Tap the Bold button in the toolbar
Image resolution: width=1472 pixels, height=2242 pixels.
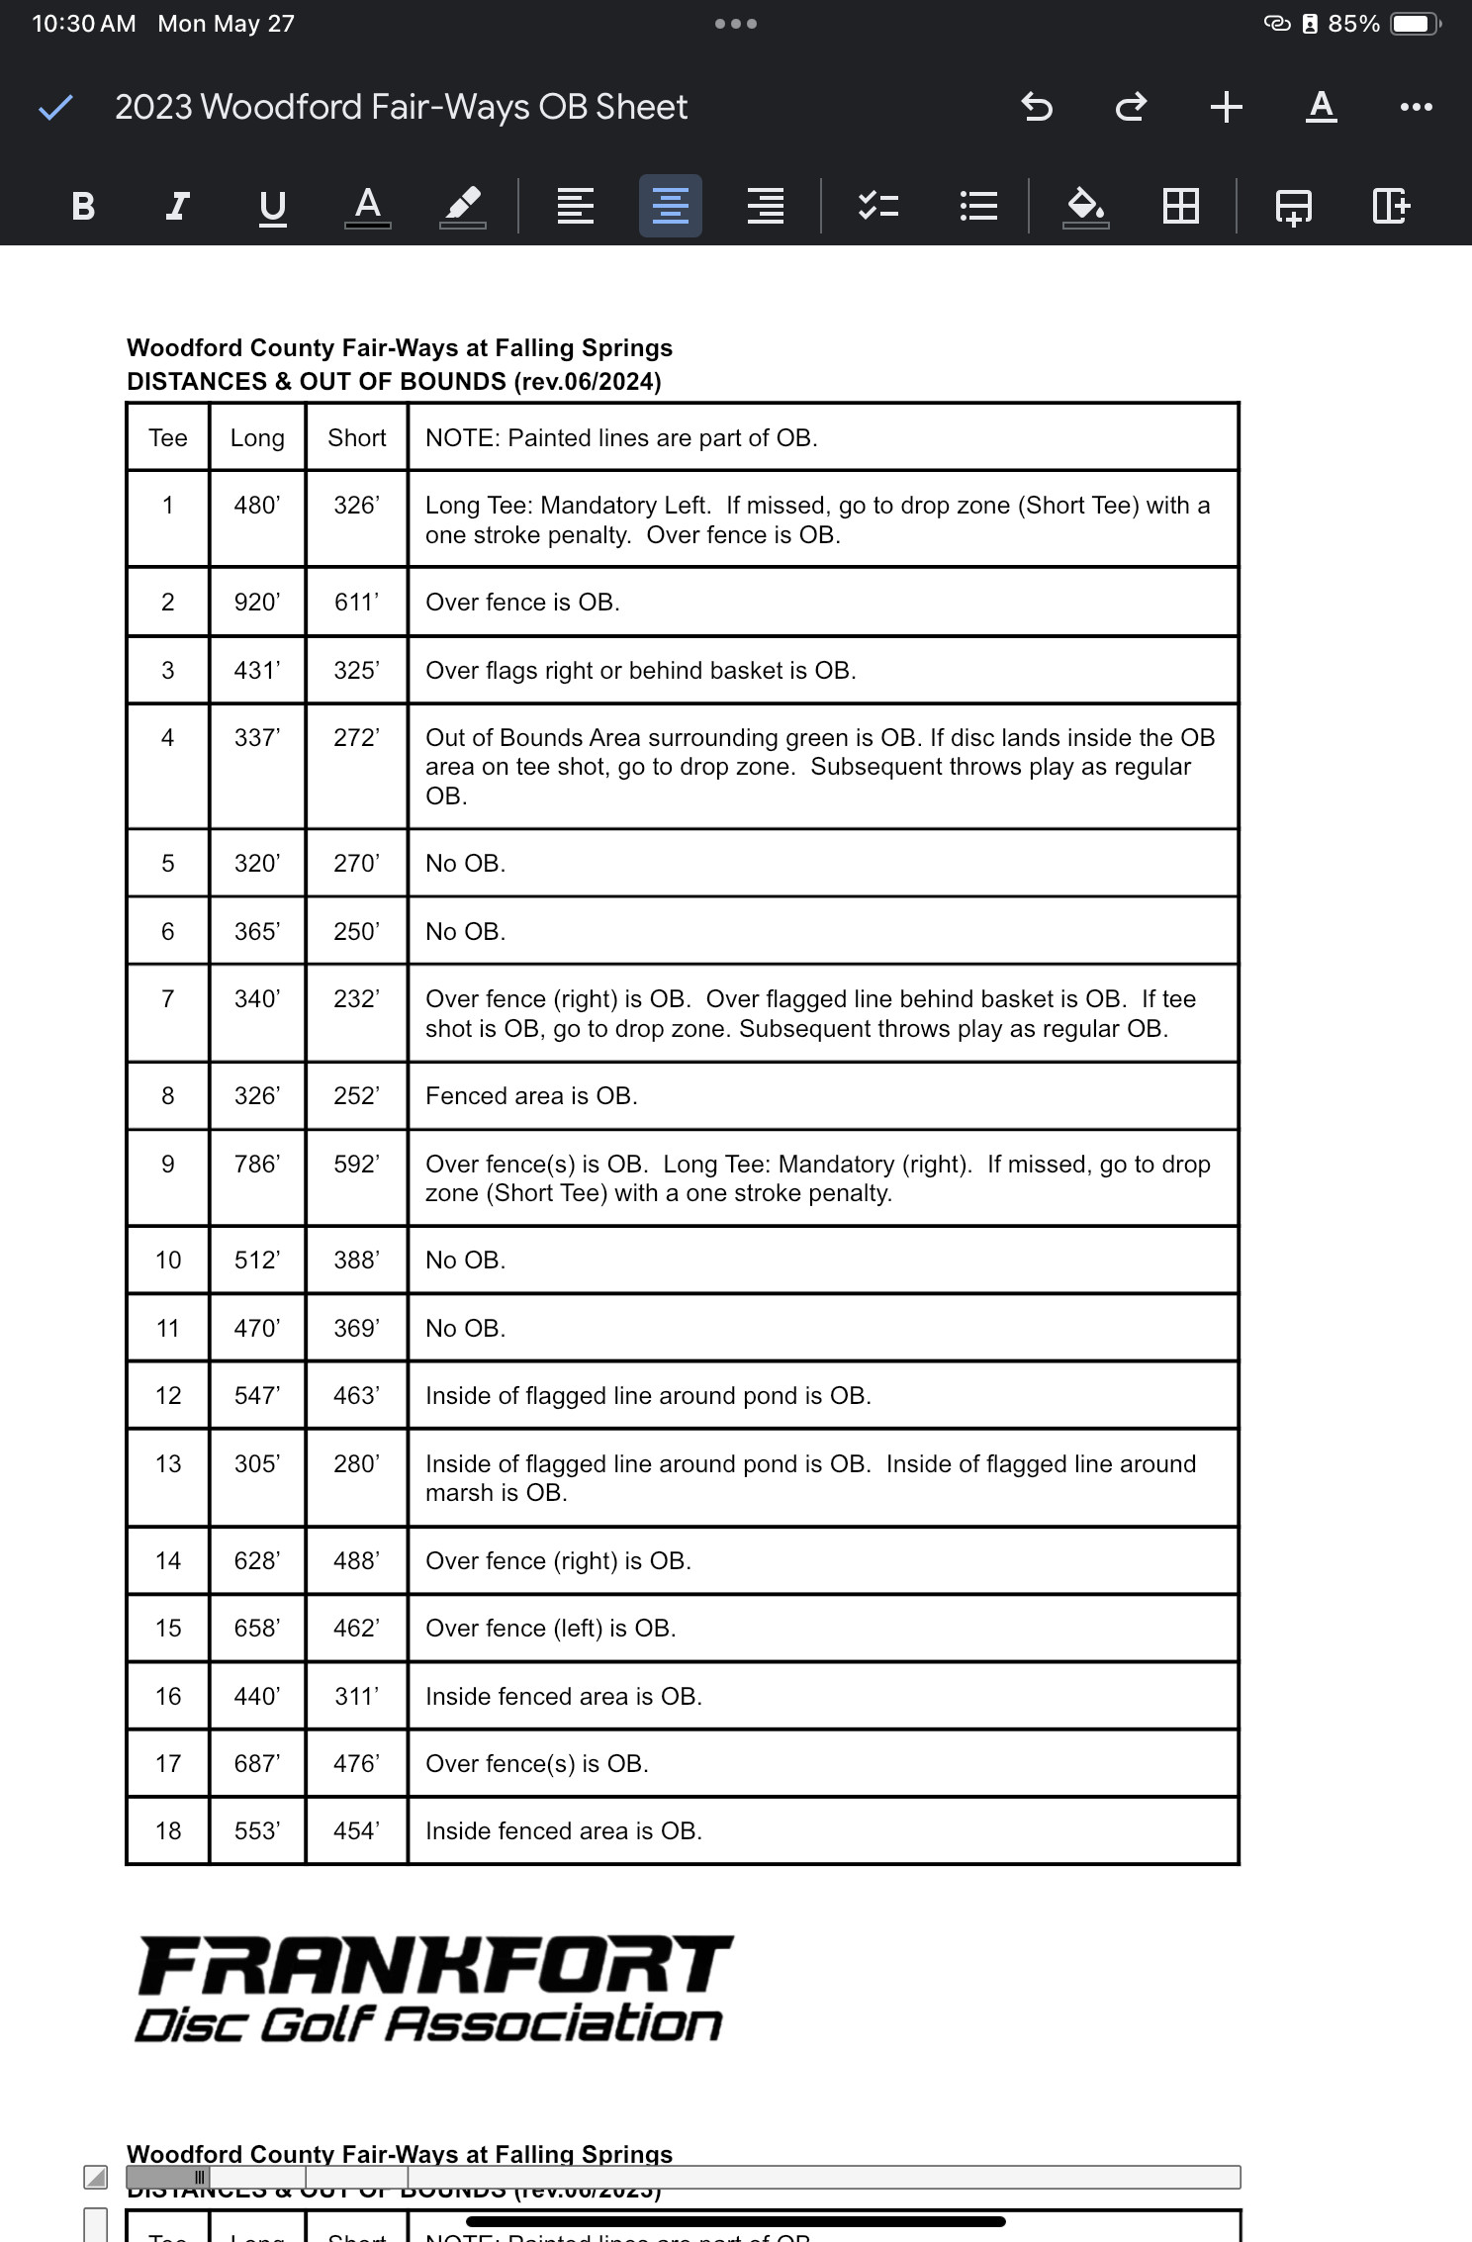coord(83,206)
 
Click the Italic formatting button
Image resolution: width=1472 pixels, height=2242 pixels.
coord(177,206)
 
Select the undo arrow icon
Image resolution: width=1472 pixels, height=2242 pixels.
coord(1036,106)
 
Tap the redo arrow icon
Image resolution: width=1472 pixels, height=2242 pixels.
coord(1131,106)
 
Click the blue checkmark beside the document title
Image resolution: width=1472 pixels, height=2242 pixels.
coord(55,107)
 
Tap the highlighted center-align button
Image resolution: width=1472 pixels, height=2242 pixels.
coord(670,206)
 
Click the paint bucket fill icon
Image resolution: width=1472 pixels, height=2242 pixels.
coord(1085,206)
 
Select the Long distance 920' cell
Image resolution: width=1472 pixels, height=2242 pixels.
coord(257,602)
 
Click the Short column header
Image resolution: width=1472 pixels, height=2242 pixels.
coord(356,437)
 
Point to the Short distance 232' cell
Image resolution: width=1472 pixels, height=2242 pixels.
coord(356,998)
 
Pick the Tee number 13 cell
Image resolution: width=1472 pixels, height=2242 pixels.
coord(168,1463)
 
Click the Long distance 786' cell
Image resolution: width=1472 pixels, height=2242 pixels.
coord(257,1164)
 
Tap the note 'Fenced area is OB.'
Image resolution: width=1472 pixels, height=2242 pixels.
coord(531,1095)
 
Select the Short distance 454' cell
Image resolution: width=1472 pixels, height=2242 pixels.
coord(356,1830)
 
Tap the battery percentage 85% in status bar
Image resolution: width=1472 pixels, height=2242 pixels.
coord(1353,24)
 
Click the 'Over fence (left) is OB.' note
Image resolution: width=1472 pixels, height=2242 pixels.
coord(550,1628)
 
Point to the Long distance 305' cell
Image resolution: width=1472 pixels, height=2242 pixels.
coord(257,1463)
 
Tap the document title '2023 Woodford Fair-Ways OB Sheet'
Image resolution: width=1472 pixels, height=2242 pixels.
coord(401,107)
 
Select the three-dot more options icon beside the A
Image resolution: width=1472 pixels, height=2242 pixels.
coord(1416,107)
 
